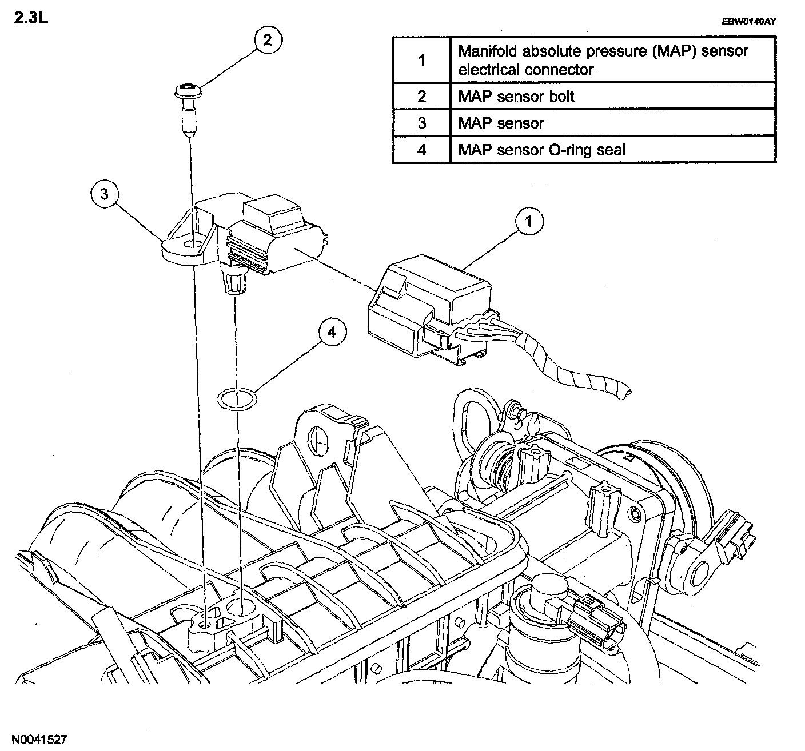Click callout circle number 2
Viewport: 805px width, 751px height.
point(268,40)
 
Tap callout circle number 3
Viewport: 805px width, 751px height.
point(105,194)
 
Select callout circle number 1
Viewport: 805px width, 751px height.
point(529,221)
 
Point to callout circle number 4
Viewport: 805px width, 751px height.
point(332,332)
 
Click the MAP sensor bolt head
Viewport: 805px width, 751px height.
point(189,91)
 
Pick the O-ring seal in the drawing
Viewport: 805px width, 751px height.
point(237,398)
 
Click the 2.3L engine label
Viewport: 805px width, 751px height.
point(31,18)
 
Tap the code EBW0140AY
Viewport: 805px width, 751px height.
point(748,22)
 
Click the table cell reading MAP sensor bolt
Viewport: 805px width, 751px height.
point(613,97)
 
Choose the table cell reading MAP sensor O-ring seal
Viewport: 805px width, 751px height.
point(613,150)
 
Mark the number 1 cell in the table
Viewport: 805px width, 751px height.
point(421,61)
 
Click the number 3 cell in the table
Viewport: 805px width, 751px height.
point(421,123)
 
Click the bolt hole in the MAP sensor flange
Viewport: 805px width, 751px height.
point(193,245)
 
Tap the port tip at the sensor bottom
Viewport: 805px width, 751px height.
point(235,290)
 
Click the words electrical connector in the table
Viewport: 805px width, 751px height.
point(525,70)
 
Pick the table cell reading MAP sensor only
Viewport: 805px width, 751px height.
point(613,123)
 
